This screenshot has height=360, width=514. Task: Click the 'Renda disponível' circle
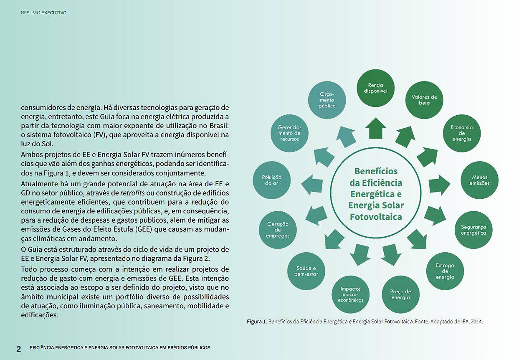click(375, 88)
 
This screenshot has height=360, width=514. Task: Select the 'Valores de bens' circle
click(424, 100)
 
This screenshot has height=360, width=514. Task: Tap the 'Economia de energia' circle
click(461, 133)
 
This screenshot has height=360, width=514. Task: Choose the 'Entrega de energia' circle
click(445, 271)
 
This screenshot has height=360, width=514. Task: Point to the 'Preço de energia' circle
click(400, 294)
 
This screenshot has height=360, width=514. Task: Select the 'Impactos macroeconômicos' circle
click(350, 294)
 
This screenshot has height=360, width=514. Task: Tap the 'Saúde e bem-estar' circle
click(306, 271)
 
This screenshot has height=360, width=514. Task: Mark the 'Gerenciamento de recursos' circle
click(289, 133)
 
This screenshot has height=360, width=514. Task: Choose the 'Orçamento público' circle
click(327, 100)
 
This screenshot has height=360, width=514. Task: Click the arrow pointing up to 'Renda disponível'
click(375, 128)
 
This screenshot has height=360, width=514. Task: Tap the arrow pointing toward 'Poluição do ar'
click(312, 184)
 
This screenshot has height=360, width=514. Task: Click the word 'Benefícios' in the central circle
click(376, 171)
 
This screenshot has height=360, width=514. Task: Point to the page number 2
click(18, 349)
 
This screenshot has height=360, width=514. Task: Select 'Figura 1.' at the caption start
click(256, 322)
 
